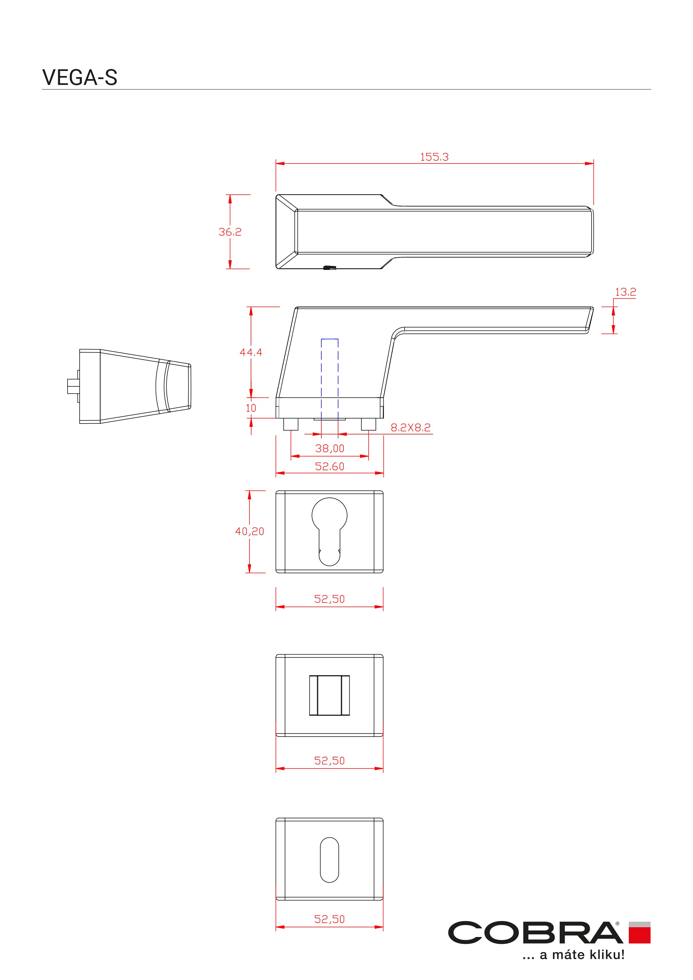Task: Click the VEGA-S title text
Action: pos(80,77)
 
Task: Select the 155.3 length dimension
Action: pos(434,157)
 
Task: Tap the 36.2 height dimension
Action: pos(230,232)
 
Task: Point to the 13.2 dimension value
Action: pos(625,292)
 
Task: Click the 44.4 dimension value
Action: pos(251,352)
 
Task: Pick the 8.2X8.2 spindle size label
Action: pos(410,427)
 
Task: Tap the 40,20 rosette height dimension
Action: pos(250,531)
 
